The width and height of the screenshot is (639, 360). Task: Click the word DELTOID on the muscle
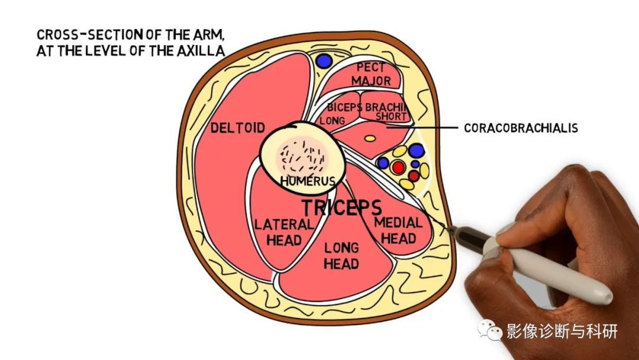pos(238,128)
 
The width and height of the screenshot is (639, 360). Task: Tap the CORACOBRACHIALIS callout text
pos(521,128)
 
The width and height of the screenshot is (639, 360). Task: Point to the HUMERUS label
pos(308,181)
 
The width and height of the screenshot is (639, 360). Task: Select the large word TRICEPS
pos(341,207)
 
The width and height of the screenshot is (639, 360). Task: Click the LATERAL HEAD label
pos(283,232)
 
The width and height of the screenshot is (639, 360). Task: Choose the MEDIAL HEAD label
pos(398,230)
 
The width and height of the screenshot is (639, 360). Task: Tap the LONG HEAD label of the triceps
pos(341,256)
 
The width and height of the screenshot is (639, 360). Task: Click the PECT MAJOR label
pos(371,74)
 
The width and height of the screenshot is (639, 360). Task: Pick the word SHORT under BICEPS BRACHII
pos(391,117)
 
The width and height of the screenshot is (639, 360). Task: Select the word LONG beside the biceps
pos(332,121)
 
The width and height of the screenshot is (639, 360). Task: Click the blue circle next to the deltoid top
pos(324,61)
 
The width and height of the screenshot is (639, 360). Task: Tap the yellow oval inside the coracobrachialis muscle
pos(370,139)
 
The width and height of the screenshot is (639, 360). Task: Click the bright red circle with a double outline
pos(398,167)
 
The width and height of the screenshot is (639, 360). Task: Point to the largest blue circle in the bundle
pos(417,151)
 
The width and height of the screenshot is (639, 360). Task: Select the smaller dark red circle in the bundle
pos(414,176)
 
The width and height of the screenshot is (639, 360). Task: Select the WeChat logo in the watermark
pos(489,329)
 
